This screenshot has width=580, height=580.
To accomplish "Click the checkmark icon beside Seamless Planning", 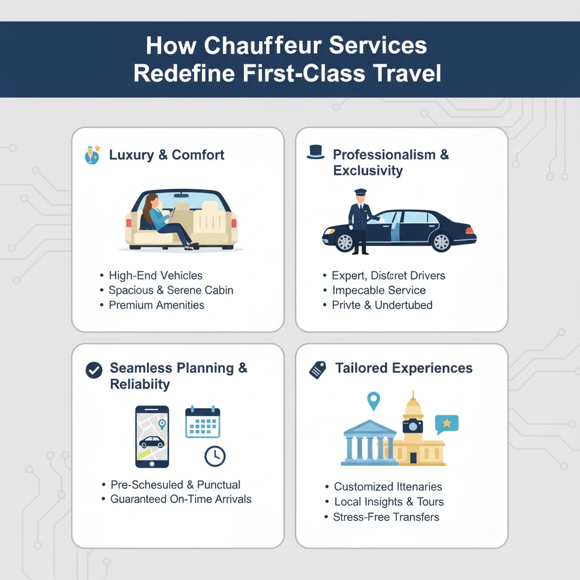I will click(x=93, y=370).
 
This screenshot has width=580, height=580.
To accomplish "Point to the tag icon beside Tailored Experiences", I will click(x=317, y=369).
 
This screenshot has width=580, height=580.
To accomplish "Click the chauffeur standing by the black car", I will click(x=360, y=220).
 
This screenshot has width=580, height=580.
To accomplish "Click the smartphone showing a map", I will click(x=152, y=436).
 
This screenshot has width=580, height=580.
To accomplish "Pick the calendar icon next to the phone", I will click(x=202, y=422).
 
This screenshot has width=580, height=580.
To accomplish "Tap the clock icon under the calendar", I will click(x=215, y=456).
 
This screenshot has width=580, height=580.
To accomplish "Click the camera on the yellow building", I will click(x=412, y=426).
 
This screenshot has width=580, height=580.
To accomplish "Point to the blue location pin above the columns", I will click(x=373, y=401).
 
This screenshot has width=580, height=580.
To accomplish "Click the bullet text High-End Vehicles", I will click(x=155, y=276).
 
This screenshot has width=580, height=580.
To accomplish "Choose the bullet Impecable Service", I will click(x=379, y=291).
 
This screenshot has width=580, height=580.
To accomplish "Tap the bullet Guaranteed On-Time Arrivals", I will click(x=181, y=500).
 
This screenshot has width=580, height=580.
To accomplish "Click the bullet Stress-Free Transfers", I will click(x=386, y=517).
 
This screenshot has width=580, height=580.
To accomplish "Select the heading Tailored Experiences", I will click(x=403, y=368).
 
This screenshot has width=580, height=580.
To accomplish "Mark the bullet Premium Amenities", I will click(x=156, y=305).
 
